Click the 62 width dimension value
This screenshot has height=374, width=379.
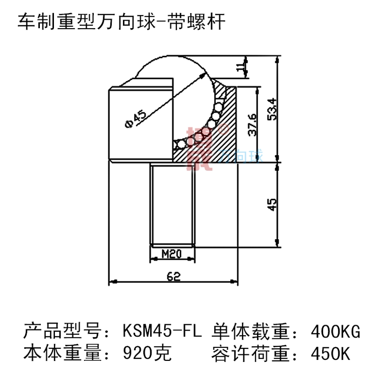click(173, 276)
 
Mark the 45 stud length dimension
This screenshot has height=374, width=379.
click(271, 204)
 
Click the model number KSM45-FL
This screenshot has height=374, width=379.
click(162, 333)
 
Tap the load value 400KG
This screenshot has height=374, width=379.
click(336, 333)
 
